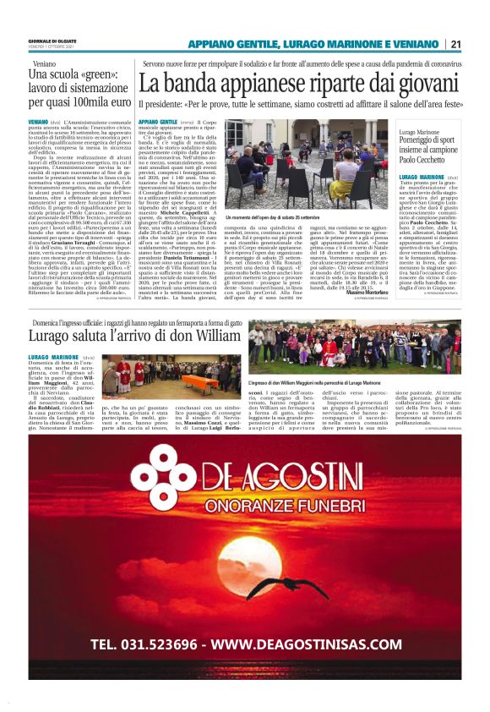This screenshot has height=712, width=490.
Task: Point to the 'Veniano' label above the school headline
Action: click(44, 64)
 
